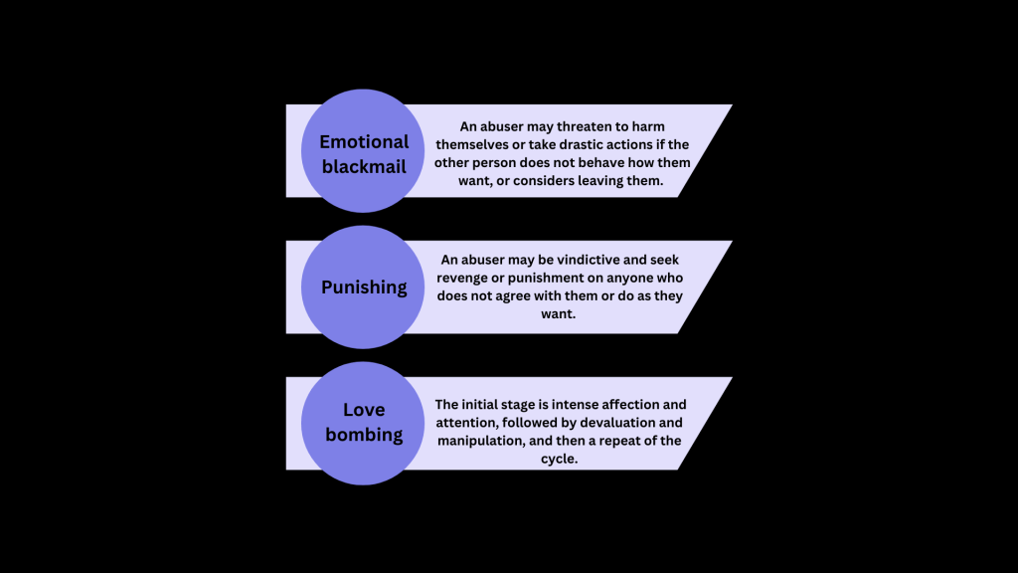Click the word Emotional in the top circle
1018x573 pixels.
tap(365, 141)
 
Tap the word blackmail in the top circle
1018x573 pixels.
tap(365, 166)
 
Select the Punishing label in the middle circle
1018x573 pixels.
tap(364, 287)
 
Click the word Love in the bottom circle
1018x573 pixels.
tap(364, 410)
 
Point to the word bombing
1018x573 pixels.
tap(364, 435)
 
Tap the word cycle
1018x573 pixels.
tap(563, 459)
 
